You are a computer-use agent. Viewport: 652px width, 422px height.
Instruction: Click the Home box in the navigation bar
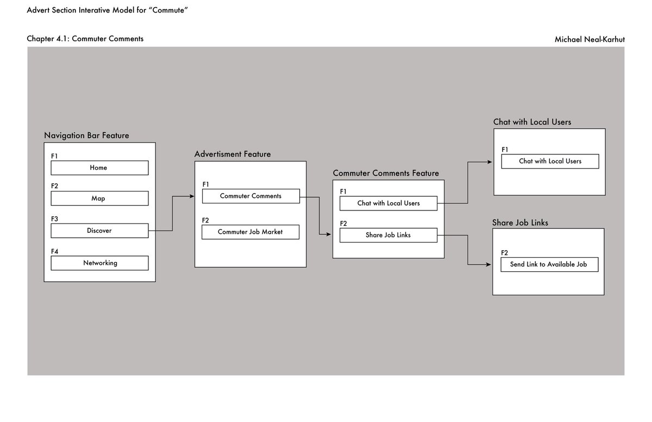(x=99, y=168)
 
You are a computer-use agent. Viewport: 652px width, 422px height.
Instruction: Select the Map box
(x=99, y=198)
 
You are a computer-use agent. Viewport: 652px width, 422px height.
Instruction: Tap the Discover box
(x=99, y=231)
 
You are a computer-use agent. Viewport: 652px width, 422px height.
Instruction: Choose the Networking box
(x=99, y=263)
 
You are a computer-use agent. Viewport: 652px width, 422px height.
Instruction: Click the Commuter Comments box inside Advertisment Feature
(x=250, y=196)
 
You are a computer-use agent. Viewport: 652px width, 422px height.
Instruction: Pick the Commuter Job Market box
(x=250, y=232)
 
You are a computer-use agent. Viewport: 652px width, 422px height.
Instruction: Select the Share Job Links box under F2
(x=388, y=235)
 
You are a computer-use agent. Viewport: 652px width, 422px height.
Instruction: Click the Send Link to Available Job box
(x=549, y=265)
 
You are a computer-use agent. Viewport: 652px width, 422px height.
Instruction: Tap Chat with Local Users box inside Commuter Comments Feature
(x=388, y=203)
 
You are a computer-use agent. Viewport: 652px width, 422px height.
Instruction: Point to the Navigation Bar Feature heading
(x=86, y=135)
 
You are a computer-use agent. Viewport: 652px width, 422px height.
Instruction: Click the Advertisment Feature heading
(x=233, y=154)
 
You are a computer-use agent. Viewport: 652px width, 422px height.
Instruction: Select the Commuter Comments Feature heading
(x=386, y=173)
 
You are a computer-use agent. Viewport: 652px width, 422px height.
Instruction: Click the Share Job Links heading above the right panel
(x=520, y=223)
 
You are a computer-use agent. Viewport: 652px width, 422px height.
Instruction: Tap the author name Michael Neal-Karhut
(x=590, y=39)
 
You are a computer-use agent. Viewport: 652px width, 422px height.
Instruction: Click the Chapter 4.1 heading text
(x=85, y=39)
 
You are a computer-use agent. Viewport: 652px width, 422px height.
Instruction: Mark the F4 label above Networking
(x=54, y=251)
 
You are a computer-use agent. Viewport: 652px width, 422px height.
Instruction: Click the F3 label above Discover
(x=54, y=219)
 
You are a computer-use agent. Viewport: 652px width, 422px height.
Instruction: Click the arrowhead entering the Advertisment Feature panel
(x=192, y=196)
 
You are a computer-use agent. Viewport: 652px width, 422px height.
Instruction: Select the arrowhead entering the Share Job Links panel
(x=490, y=265)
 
